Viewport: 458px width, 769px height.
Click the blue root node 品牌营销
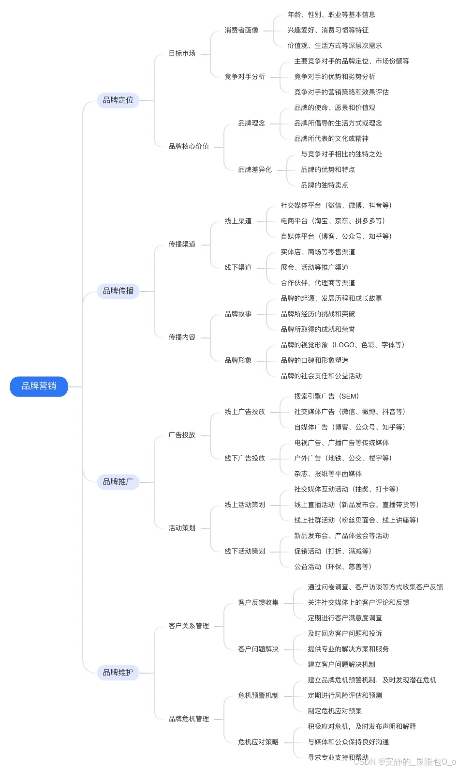coord(39,386)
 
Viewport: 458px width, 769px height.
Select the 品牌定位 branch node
coord(118,100)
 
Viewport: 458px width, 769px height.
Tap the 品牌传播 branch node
coord(118,291)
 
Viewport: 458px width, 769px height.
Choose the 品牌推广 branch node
coord(118,482)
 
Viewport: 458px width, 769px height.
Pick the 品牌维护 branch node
coord(118,673)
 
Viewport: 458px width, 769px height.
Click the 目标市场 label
coord(182,54)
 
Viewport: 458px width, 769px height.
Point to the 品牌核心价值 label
coord(189,147)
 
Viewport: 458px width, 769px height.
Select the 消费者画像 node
coord(241,31)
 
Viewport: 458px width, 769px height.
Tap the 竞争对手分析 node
coord(245,77)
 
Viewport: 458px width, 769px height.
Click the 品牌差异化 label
coord(255,170)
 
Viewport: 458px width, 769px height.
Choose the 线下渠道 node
coord(238,268)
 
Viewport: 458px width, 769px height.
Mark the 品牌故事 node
coord(238,314)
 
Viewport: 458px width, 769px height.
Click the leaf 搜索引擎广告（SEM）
coord(326,397)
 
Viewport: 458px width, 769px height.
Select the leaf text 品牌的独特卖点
coord(325,185)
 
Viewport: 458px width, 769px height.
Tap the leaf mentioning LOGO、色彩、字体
coord(342,345)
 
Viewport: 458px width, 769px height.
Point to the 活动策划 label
coord(182,528)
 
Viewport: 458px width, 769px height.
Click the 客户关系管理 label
coord(189,626)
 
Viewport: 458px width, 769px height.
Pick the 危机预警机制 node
coord(258,696)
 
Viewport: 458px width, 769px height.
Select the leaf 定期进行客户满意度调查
coord(345,618)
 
